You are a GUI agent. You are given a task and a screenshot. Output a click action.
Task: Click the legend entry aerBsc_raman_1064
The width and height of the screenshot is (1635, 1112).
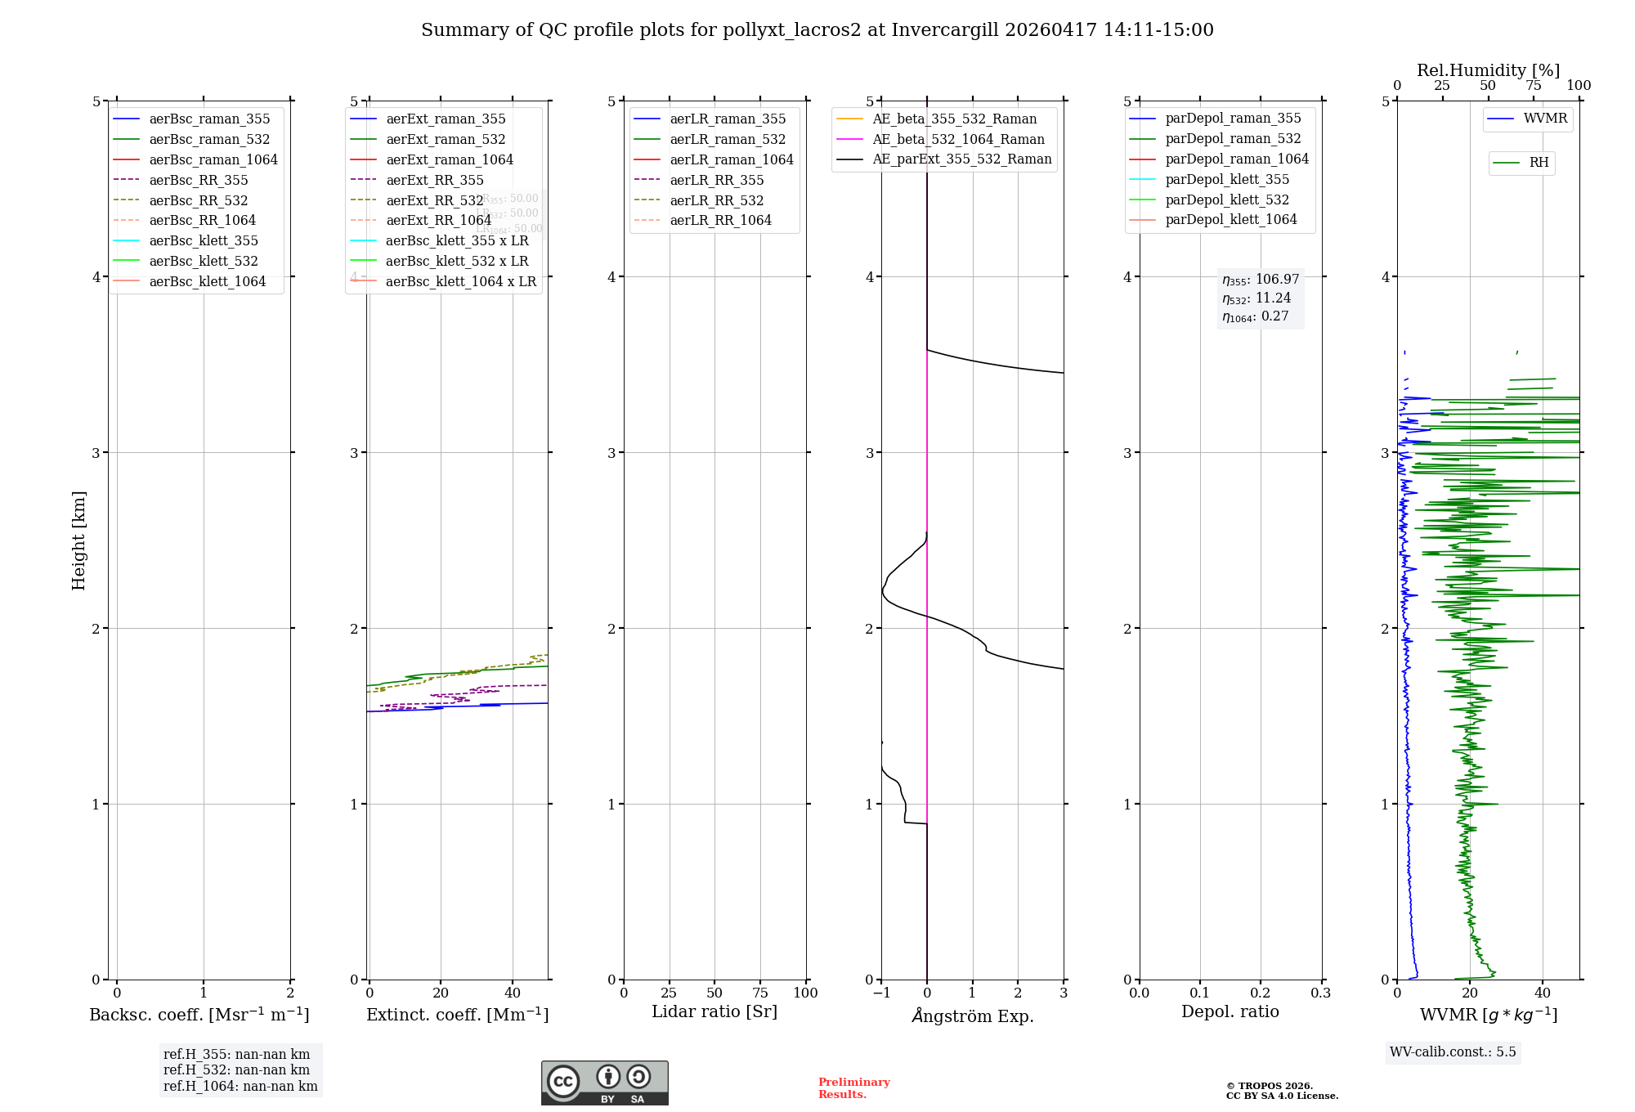click(213, 159)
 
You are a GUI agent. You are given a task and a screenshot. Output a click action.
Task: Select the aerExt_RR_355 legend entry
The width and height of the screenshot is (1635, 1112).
click(434, 180)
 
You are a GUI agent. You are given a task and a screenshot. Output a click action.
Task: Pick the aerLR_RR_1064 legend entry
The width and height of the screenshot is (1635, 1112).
click(720, 220)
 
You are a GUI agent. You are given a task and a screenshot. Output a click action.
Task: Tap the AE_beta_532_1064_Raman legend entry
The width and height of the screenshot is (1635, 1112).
click(958, 139)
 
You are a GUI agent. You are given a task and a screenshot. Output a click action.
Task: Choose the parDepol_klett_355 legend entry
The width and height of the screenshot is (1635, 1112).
click(1227, 179)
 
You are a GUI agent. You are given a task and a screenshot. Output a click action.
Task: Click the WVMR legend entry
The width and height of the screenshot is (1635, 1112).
click(1545, 119)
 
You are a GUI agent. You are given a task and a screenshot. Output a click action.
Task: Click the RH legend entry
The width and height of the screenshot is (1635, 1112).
click(1539, 163)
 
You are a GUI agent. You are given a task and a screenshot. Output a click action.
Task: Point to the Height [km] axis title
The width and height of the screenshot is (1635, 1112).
click(78, 540)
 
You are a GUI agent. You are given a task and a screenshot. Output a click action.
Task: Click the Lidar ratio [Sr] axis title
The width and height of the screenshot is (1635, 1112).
click(714, 1011)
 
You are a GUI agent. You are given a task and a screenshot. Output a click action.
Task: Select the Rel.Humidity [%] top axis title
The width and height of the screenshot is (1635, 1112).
click(1488, 70)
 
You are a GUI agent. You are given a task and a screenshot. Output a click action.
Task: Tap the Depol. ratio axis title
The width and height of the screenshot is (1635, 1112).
click(1230, 1011)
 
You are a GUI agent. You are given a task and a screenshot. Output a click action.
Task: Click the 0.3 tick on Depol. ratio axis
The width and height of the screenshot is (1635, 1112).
click(1320, 993)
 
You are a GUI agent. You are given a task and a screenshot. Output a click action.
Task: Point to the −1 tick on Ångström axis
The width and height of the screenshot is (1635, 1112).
click(881, 993)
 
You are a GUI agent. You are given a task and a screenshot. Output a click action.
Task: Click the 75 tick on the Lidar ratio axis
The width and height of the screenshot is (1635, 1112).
click(760, 993)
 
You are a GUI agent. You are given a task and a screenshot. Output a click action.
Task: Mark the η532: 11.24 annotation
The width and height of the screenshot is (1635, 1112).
click(1256, 298)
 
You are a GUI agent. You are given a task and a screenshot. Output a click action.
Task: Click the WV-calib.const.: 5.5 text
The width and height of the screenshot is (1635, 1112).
click(1453, 1051)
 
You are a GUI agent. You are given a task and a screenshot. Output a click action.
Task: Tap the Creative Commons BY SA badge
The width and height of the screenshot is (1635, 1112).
click(604, 1083)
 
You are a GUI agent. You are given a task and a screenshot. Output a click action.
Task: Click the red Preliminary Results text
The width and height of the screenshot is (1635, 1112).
click(853, 1087)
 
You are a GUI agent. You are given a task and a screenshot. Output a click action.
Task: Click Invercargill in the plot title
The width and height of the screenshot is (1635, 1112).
click(945, 30)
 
